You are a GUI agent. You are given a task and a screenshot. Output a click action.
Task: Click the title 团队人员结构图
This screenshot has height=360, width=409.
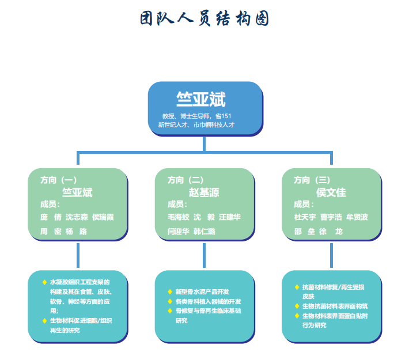[x=204, y=18]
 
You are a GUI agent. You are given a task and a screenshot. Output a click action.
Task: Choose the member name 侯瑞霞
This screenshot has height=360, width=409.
[x=103, y=217]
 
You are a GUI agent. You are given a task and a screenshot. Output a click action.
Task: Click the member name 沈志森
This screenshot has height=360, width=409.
[x=77, y=217]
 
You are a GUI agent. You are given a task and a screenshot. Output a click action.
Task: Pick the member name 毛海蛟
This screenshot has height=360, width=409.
[x=178, y=217]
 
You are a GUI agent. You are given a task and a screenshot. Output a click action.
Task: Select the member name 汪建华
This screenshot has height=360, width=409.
[x=230, y=217]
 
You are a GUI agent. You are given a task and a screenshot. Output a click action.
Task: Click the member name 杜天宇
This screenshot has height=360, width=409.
[x=305, y=217]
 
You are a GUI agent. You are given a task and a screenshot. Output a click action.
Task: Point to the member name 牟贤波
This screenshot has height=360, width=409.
[x=357, y=217]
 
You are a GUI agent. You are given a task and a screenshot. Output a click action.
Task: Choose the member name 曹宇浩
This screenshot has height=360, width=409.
[x=331, y=217]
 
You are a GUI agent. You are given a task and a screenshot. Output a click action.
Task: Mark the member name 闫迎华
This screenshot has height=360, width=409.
[x=178, y=231]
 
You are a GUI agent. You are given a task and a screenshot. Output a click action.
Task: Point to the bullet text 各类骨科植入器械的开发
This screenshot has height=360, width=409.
[x=208, y=301]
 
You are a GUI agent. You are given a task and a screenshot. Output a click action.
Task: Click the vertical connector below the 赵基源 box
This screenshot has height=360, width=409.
[x=204, y=256]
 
